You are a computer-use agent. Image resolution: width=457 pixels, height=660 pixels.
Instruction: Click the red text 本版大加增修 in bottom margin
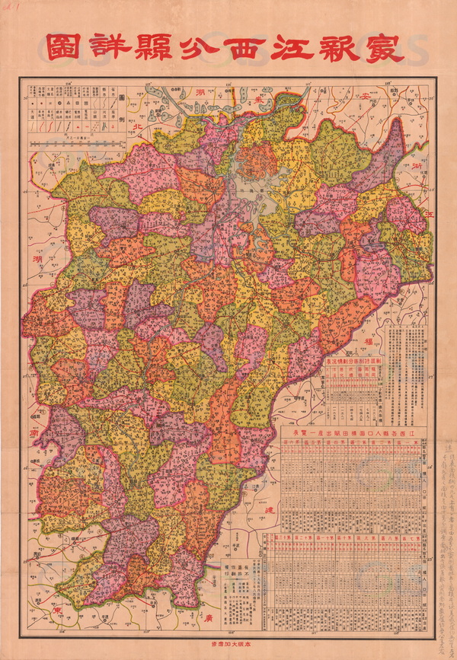pos(228,642)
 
